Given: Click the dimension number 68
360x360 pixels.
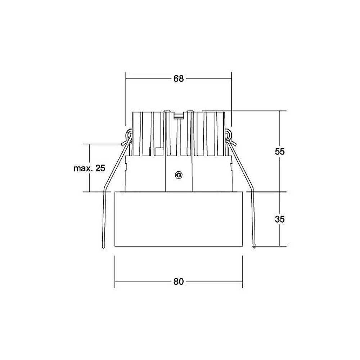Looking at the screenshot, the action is (179, 78).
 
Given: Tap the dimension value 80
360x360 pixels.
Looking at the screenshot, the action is (179, 282).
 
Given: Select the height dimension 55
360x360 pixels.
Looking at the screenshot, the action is (280, 151).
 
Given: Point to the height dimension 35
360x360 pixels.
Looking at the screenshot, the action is (280, 219).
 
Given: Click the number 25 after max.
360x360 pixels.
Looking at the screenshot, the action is (100, 168).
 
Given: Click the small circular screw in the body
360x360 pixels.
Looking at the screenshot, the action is (179, 175).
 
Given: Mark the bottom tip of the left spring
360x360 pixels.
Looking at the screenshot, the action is (103, 248).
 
